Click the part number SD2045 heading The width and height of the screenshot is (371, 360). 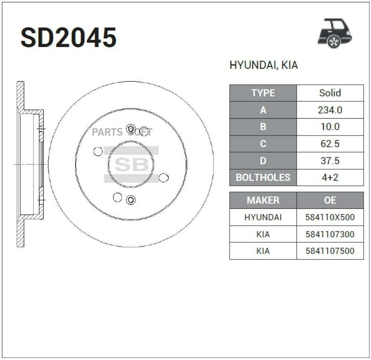point(68,37)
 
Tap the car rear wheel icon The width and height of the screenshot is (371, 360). point(335,33)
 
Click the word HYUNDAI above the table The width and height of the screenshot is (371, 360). point(252,65)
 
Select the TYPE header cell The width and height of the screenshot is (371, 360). point(263,93)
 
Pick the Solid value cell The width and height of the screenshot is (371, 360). point(330,93)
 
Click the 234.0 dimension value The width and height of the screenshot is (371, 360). point(330,110)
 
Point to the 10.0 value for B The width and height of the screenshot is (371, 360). point(330,127)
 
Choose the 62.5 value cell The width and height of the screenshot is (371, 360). point(330,144)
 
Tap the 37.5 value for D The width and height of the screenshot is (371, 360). point(330,161)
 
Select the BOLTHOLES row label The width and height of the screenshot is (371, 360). point(263,178)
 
